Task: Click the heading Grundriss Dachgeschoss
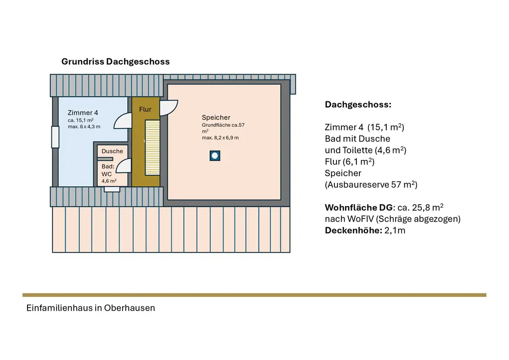click(x=116, y=62)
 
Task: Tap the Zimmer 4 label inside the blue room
click(x=83, y=113)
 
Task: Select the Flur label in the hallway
click(x=145, y=109)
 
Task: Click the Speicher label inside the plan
click(x=216, y=118)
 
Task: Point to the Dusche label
click(x=112, y=151)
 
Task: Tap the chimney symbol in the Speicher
click(x=215, y=156)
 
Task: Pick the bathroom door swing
click(x=124, y=167)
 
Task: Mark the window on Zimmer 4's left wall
click(x=55, y=137)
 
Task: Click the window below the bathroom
click(x=112, y=189)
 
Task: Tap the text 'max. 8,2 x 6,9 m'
click(x=220, y=138)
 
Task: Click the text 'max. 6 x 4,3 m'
click(x=83, y=126)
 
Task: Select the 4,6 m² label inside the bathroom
click(x=109, y=181)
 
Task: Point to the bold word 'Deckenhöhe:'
click(x=350, y=230)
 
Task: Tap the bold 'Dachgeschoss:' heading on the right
click(x=358, y=105)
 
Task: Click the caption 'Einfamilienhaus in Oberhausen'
click(x=91, y=308)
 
